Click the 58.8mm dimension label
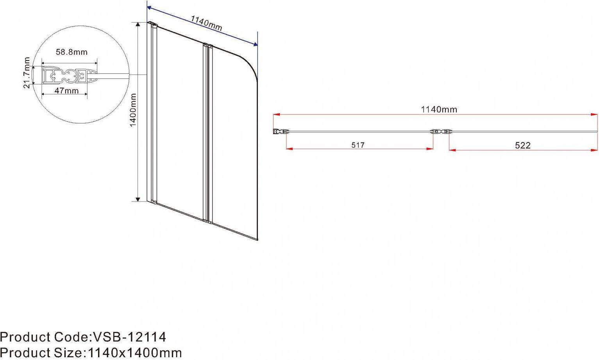click(72, 52)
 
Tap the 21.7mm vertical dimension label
click(27, 73)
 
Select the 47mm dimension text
click(66, 91)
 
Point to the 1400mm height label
click(133, 110)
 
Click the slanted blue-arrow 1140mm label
click(206, 23)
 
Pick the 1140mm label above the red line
click(439, 109)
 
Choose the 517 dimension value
click(358, 145)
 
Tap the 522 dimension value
click(522, 145)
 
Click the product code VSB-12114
click(129, 337)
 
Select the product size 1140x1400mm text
click(135, 353)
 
